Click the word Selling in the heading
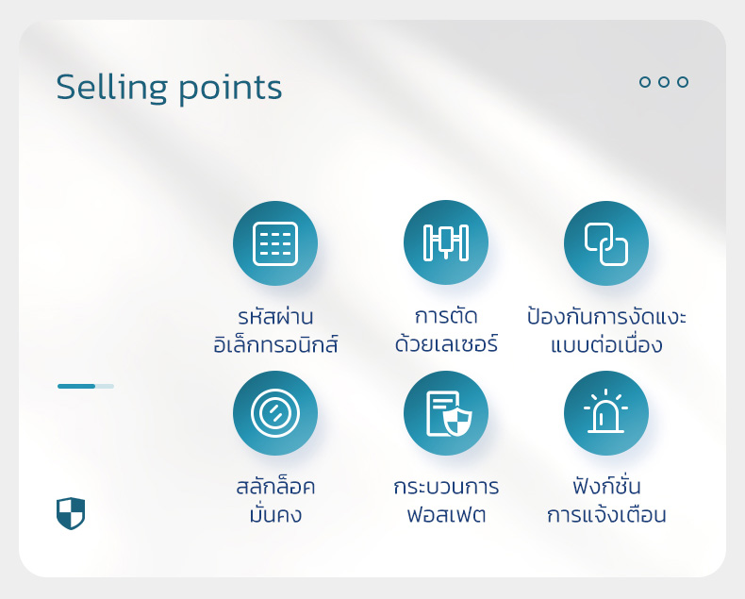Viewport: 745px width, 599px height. pyautogui.click(x=111, y=88)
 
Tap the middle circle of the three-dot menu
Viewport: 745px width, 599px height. pyautogui.click(x=664, y=82)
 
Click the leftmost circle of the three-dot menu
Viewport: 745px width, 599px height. pyautogui.click(x=645, y=82)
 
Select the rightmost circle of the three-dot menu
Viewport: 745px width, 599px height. pyautogui.click(x=683, y=82)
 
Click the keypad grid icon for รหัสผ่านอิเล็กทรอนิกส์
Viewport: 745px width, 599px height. pyautogui.click(x=275, y=243)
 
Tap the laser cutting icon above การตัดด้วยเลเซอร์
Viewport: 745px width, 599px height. pyautogui.click(x=446, y=242)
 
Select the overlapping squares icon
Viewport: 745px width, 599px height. pyautogui.click(x=605, y=243)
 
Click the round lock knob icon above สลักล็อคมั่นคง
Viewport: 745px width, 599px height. pyautogui.click(x=275, y=412)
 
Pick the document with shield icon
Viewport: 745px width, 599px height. pyautogui.click(x=449, y=413)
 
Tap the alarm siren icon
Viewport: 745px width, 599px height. pyautogui.click(x=605, y=410)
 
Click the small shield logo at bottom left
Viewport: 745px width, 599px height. pyautogui.click(x=71, y=513)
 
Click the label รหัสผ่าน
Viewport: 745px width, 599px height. pyautogui.click(x=275, y=316)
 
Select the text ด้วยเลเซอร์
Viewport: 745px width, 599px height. pyautogui.click(x=446, y=343)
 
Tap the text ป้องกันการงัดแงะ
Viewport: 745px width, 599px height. pyautogui.click(x=606, y=316)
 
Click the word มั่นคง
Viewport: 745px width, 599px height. pyautogui.click(x=275, y=513)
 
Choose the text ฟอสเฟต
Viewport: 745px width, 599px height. pyautogui.click(x=446, y=514)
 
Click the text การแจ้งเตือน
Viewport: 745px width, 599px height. pyautogui.click(x=606, y=514)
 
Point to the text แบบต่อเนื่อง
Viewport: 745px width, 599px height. pyautogui.click(x=606, y=344)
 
